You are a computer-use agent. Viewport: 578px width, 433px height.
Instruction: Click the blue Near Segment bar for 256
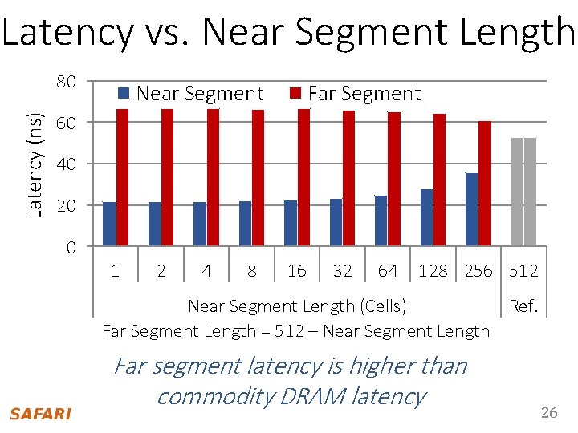[x=471, y=209]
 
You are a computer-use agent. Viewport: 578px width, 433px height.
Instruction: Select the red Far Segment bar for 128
[x=439, y=180]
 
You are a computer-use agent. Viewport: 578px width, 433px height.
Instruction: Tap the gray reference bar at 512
[x=523, y=192]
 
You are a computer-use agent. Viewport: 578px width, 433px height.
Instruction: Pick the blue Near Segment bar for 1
[x=109, y=224]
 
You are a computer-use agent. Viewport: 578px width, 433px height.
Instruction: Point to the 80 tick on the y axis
[x=67, y=82]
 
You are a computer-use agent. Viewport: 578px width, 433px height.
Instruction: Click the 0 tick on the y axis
[x=71, y=247]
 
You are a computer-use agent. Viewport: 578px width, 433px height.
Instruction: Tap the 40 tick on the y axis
[x=67, y=164]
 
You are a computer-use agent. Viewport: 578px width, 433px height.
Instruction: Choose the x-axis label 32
[x=342, y=271]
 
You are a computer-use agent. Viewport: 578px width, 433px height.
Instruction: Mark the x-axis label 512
[x=523, y=271]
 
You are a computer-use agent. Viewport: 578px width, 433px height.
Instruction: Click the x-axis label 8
[x=252, y=271]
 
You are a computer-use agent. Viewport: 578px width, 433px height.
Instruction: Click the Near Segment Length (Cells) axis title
[x=297, y=306]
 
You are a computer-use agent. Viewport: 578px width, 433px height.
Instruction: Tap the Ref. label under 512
[x=523, y=306]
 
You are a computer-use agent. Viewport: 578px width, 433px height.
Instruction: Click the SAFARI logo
[x=40, y=414]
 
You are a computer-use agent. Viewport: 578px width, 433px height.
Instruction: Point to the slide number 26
[x=549, y=413]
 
